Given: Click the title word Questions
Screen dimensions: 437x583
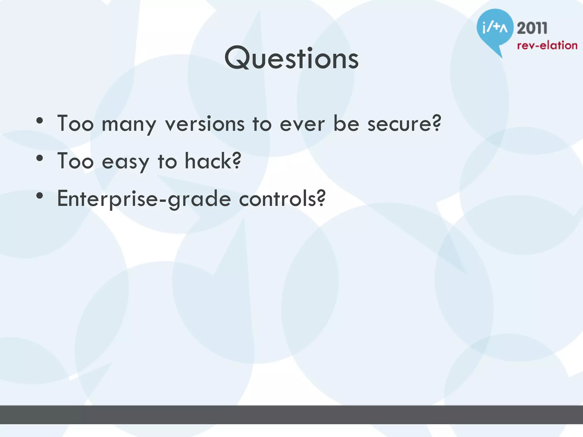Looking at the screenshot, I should [291, 58].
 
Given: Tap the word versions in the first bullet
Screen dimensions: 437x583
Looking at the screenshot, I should [205, 124].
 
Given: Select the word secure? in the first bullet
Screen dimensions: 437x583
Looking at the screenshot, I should [404, 124].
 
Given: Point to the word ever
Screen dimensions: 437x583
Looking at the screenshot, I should [302, 125].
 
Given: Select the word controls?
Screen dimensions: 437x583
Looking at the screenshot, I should [282, 199].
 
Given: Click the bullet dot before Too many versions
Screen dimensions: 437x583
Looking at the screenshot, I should [40, 121].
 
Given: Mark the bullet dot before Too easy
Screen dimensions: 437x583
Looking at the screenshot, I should [40, 158].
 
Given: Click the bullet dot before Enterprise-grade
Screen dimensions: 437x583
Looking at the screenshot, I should [40, 196].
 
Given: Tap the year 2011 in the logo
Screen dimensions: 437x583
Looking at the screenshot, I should [532, 28].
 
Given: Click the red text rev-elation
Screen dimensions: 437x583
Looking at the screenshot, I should [547, 46].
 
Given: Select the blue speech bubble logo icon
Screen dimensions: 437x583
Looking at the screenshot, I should [495, 28].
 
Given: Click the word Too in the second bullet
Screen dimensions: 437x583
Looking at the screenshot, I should [75, 161].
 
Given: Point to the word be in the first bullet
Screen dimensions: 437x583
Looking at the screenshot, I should [346, 124].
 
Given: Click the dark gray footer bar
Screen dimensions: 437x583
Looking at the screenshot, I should [291, 415].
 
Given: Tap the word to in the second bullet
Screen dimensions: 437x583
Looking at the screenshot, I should [167, 162].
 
